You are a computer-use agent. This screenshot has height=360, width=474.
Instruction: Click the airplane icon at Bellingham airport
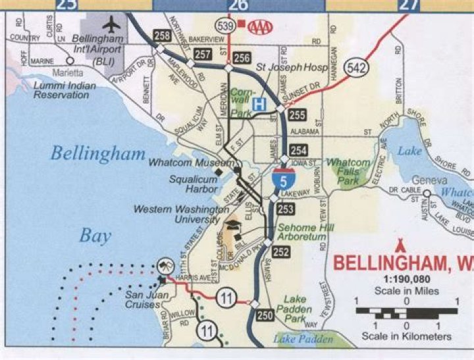tap(113, 24)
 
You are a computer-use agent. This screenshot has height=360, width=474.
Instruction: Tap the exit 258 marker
tap(161, 35)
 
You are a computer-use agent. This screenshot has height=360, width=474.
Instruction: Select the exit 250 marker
tap(265, 315)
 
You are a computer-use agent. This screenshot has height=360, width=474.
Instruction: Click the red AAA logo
tap(261, 27)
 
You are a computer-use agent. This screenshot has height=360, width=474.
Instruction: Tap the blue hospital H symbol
tap(261, 104)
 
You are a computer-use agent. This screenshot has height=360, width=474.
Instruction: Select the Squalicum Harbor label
tap(194, 183)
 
